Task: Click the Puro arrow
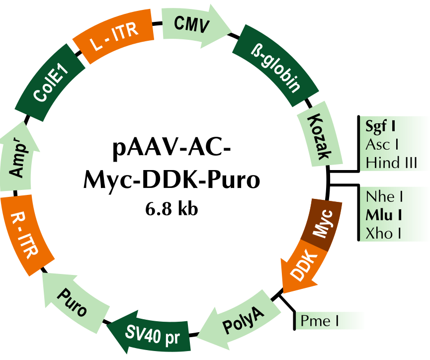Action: coord(75,301)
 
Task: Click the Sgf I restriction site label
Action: coord(380,126)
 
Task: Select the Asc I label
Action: coord(382,145)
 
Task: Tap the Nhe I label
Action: coord(383,197)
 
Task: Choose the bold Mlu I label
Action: coord(384,215)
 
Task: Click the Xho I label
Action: coord(383,233)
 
